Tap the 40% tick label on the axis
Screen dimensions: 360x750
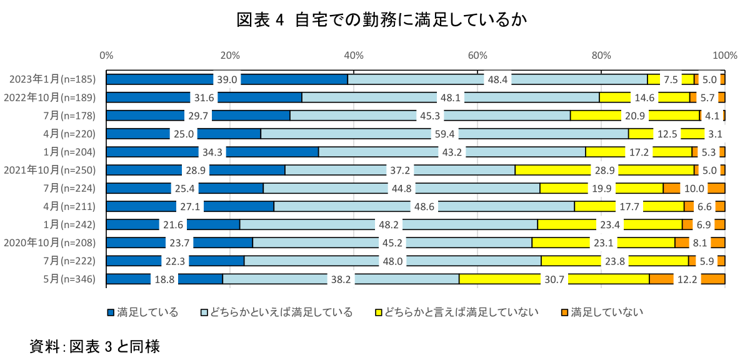click(x=354, y=56)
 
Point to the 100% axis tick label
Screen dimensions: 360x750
click(x=725, y=56)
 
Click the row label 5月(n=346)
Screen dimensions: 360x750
click(x=69, y=279)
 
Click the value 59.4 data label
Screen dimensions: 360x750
click(x=444, y=134)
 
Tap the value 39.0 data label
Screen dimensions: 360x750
click(x=227, y=79)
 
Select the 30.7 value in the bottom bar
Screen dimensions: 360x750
click(x=554, y=279)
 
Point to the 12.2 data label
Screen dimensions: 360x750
click(x=687, y=279)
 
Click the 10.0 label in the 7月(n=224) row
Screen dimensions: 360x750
click(x=694, y=188)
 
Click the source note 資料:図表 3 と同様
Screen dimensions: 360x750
click(x=94, y=346)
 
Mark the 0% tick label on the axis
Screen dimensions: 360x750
click(x=106, y=56)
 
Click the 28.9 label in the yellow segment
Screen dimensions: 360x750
click(x=604, y=170)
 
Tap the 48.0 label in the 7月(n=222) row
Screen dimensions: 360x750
click(x=392, y=261)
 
